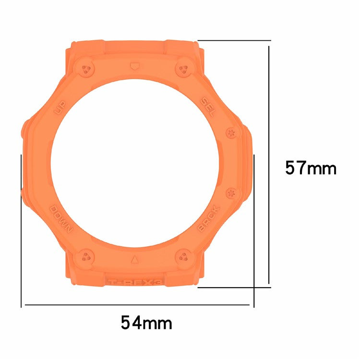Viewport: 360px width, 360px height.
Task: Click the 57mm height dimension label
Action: point(311,168)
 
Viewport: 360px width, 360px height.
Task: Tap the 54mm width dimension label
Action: point(146,323)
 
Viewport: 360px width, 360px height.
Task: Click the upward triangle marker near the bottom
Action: point(134,260)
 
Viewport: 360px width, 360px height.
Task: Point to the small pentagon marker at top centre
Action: point(134,65)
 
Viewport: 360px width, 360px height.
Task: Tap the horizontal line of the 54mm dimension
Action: point(137,305)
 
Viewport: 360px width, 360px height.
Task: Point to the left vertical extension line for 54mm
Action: point(22,230)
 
